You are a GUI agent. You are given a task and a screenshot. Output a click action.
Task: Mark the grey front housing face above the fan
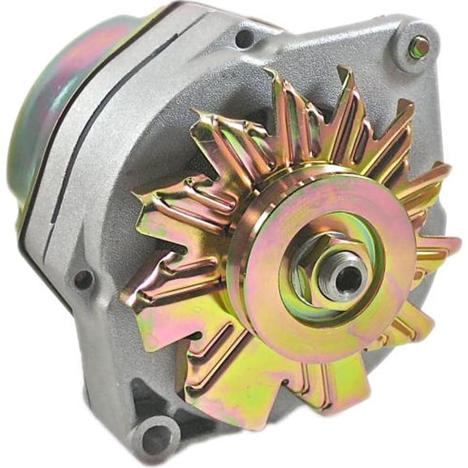pos(325,57)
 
